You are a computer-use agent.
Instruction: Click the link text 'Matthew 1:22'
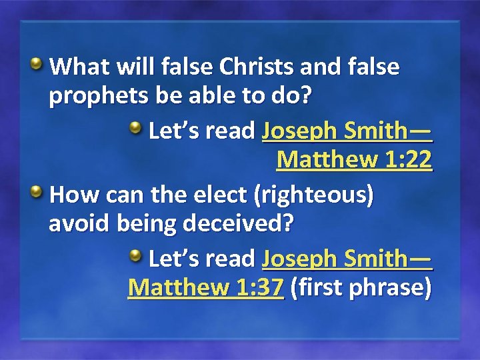pos(354,160)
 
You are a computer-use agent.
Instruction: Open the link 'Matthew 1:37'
pos(206,288)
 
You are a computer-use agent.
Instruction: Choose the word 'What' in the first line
pos(77,67)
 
